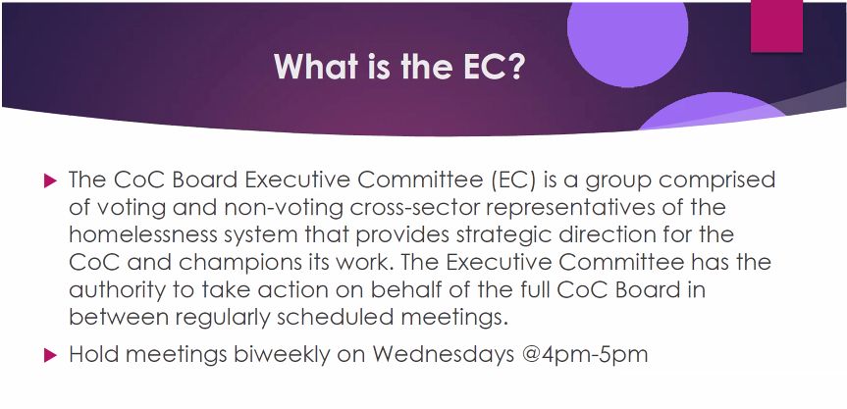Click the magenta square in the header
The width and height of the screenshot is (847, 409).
pos(776,26)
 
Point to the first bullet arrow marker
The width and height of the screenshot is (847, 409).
pos(50,180)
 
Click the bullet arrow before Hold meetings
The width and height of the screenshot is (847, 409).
pos(50,355)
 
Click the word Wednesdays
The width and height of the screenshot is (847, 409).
pos(444,355)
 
